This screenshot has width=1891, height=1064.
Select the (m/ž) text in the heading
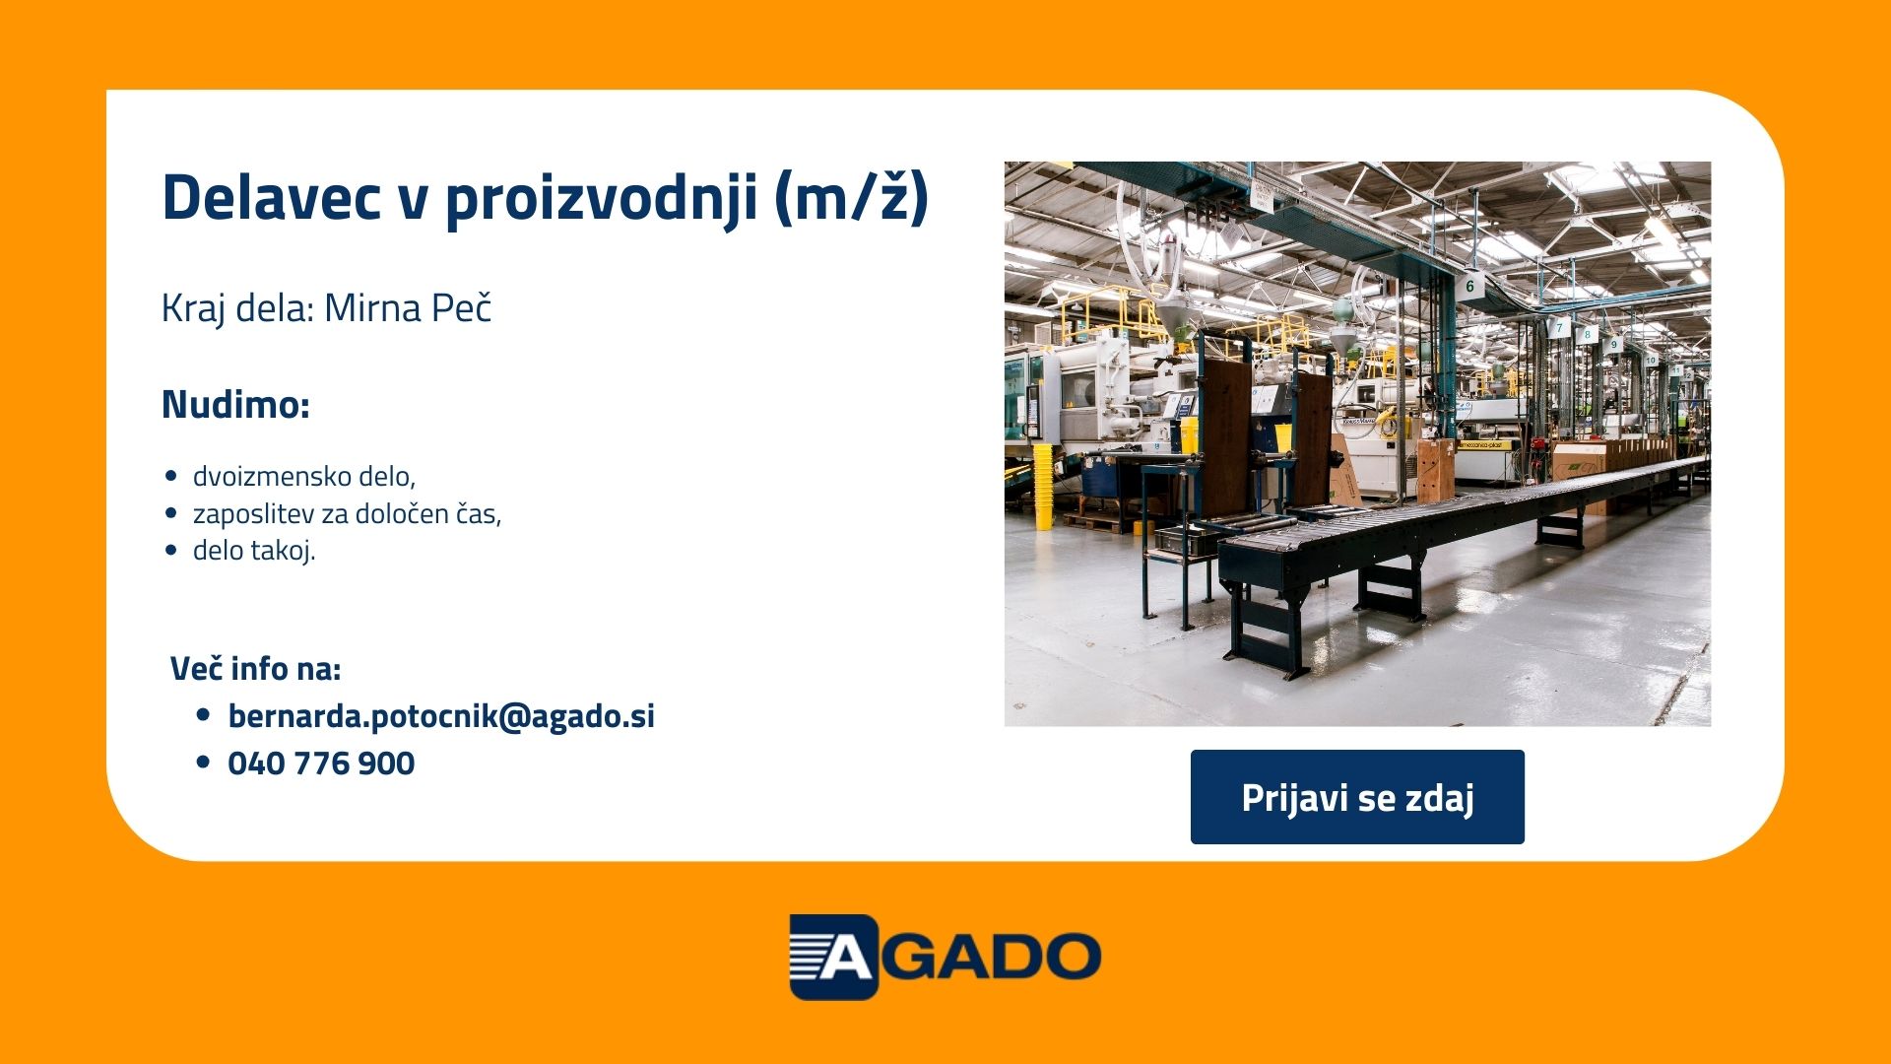click(852, 198)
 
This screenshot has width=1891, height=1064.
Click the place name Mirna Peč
click(408, 307)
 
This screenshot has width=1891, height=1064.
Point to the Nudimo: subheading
click(235, 404)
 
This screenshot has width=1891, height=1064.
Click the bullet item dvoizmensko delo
click(304, 476)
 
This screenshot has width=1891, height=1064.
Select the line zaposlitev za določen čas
click(347, 513)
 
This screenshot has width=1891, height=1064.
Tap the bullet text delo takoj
click(254, 550)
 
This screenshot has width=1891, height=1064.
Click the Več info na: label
click(256, 668)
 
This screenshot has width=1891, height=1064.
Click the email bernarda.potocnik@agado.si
click(441, 716)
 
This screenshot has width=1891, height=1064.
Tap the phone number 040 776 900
click(321, 764)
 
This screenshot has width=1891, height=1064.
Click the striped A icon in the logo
click(833, 957)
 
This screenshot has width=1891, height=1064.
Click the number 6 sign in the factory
click(1469, 286)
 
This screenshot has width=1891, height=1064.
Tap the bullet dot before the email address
click(204, 715)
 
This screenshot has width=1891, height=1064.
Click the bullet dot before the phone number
click(204, 762)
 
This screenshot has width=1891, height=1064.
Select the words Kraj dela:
click(237, 309)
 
